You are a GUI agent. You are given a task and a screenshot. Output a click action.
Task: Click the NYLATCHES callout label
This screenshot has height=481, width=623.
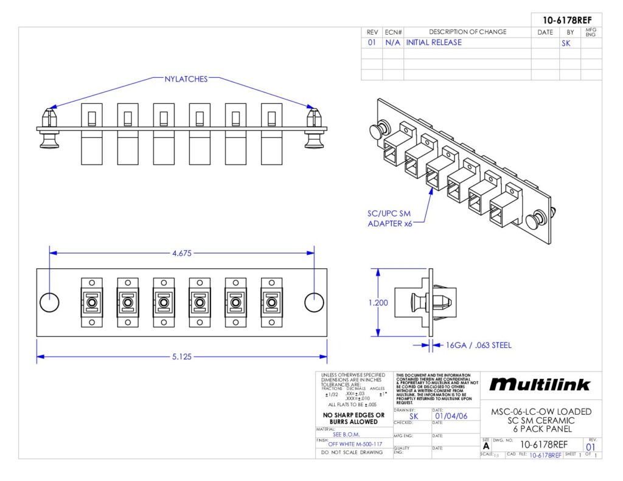pos(186,79)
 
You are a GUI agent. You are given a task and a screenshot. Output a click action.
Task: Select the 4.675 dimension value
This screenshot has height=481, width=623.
pos(181,253)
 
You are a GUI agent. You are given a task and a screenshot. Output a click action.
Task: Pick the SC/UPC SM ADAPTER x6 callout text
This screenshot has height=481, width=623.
pos(389,218)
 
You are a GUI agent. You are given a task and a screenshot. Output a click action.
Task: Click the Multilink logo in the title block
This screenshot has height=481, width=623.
pos(540,384)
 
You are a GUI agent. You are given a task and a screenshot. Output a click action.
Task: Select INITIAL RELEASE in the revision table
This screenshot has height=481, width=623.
pos(434,43)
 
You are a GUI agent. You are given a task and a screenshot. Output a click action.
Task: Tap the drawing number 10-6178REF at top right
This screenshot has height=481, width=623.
pos(563,19)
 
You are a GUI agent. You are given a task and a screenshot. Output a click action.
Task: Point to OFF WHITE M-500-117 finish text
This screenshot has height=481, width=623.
pos(355,444)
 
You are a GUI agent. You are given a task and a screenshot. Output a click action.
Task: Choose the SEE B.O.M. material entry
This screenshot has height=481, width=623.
pos(347,434)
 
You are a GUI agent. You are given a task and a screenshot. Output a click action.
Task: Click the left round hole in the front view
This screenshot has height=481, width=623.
pos(50,302)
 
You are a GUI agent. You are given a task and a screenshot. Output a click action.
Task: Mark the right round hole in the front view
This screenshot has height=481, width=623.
pos(314,302)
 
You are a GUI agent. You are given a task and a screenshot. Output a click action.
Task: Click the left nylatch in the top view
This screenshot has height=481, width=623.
pos(49,127)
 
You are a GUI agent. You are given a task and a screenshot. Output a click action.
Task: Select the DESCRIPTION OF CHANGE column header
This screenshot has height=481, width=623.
pos(467,32)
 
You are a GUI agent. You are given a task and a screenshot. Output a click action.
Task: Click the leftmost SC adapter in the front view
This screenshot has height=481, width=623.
pos(92,302)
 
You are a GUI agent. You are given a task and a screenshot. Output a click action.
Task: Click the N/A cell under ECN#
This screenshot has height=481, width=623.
pos(392,43)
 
